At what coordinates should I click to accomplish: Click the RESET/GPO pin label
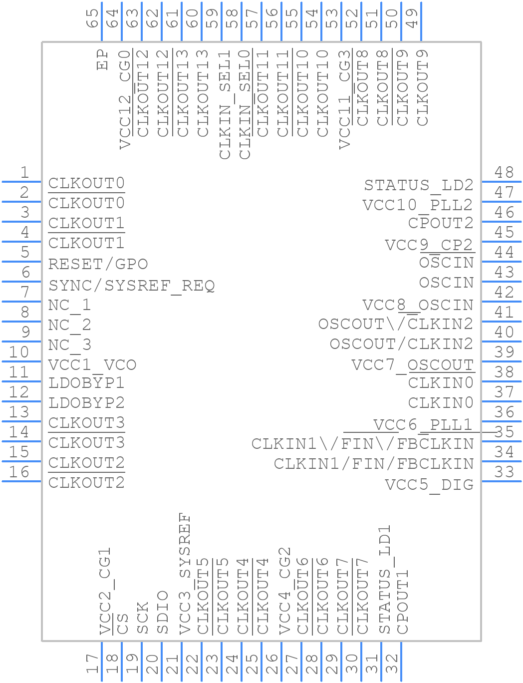98,264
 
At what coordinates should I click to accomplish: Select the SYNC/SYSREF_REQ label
131,286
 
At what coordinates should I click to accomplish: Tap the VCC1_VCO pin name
92,365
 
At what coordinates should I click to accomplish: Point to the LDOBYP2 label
86,403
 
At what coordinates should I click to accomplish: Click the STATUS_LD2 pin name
419,186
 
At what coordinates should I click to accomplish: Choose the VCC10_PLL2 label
418,205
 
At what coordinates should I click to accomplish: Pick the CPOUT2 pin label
441,223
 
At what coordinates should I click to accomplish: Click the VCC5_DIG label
429,485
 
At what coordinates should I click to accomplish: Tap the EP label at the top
103,60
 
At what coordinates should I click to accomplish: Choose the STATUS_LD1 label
384,579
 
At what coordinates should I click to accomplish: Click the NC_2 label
69,325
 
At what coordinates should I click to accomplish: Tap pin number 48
504,172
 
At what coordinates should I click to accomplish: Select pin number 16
19,472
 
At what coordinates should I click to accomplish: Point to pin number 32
392,665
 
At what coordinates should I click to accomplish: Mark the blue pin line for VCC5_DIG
501,481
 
